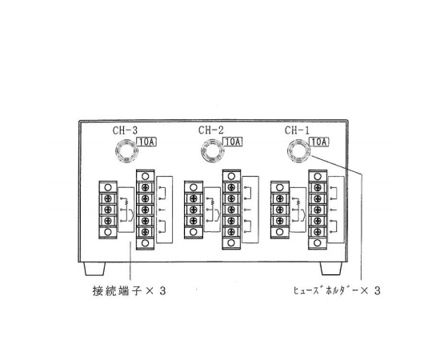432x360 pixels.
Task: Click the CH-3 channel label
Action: (x=125, y=130)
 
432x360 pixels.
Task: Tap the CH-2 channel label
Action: (x=210, y=130)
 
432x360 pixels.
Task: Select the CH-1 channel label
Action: (x=297, y=130)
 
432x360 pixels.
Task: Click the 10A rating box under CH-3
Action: (x=146, y=142)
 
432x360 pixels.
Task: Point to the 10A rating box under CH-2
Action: (x=233, y=142)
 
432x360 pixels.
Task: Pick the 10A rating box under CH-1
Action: (x=319, y=142)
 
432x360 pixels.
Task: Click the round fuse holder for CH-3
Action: (x=126, y=151)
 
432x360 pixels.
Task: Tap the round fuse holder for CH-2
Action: (x=213, y=151)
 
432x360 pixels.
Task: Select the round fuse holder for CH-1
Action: (x=298, y=150)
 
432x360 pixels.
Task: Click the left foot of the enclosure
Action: (x=94, y=269)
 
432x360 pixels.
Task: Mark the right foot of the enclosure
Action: (x=331, y=269)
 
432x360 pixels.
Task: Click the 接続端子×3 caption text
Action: (x=130, y=291)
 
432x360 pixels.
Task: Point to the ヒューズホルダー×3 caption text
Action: (x=337, y=290)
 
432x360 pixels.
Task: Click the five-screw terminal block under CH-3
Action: (x=145, y=210)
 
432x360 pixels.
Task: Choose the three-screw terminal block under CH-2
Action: (x=194, y=210)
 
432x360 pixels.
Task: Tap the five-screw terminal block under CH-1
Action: (x=318, y=210)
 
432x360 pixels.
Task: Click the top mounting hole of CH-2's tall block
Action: (x=231, y=176)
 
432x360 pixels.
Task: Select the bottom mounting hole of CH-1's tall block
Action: (x=318, y=243)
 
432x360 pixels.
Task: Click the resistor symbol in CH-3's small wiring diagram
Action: (x=126, y=202)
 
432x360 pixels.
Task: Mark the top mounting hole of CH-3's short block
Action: (x=108, y=187)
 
